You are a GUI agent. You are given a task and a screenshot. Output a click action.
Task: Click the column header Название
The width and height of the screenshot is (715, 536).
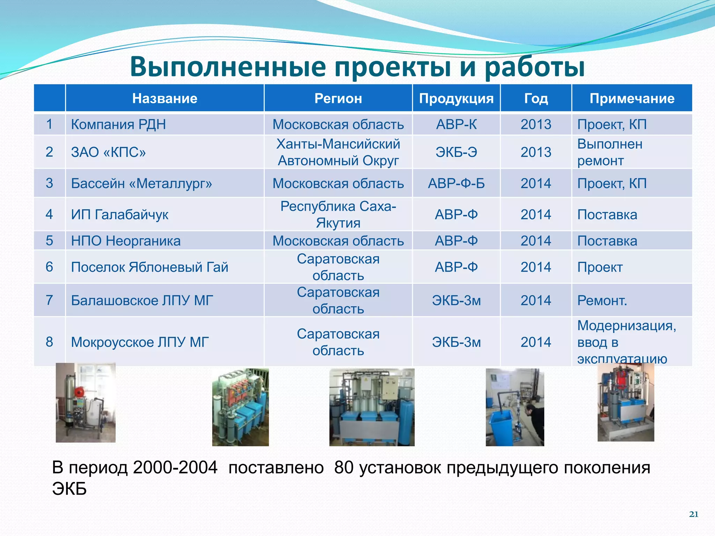(x=164, y=98)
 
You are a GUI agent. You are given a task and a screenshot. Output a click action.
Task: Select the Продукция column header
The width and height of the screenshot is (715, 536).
(x=456, y=98)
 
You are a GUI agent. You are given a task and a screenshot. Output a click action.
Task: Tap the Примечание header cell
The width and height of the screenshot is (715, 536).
(x=632, y=98)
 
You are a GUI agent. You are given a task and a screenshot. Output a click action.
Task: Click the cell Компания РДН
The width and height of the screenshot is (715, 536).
(x=118, y=124)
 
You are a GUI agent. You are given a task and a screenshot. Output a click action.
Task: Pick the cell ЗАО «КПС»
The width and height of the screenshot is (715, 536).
(x=108, y=152)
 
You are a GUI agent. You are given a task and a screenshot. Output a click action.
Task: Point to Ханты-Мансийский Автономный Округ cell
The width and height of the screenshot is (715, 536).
(x=338, y=152)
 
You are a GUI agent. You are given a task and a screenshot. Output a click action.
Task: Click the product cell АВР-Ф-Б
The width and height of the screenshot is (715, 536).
(x=456, y=183)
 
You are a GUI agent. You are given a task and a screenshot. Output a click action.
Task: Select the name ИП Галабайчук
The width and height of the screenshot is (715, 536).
(x=119, y=214)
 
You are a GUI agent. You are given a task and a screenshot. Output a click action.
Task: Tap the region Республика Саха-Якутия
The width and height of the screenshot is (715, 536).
(x=338, y=214)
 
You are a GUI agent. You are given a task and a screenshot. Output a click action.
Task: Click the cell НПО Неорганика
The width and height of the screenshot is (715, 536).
(x=126, y=241)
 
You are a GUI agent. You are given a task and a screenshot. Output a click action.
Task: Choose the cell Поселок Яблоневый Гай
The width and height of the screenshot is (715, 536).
(x=149, y=267)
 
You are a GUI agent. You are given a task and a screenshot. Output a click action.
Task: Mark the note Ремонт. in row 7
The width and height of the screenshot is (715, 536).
(x=602, y=300)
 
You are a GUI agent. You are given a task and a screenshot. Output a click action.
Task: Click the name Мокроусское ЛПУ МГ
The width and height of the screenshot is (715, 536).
(x=140, y=342)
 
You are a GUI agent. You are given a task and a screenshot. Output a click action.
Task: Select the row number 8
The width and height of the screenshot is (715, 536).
(x=49, y=342)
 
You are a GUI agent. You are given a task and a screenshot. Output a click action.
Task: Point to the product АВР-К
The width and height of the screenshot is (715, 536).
(x=456, y=124)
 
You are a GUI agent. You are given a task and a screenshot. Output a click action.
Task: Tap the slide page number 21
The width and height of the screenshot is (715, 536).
(x=693, y=514)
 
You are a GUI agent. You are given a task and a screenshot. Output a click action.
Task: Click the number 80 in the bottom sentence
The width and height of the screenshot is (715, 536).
(x=344, y=468)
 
